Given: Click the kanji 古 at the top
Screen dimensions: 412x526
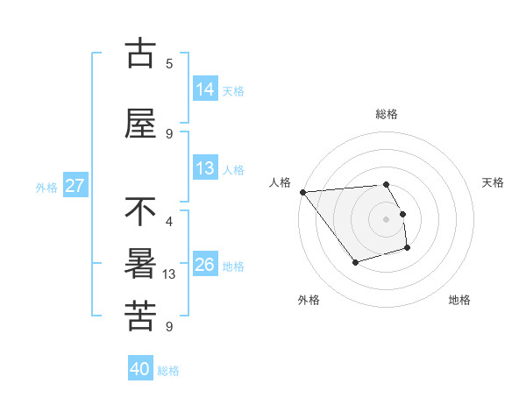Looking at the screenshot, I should (141, 53).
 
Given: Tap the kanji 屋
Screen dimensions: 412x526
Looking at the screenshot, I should (141, 124).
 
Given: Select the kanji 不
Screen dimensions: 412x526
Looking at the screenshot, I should (141, 211).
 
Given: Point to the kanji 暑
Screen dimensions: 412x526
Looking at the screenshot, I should (141, 264).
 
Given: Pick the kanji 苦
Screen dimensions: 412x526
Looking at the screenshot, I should (141, 316).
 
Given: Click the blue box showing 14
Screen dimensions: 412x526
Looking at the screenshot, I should (205, 89).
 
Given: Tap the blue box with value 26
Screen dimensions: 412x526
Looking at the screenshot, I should (205, 265).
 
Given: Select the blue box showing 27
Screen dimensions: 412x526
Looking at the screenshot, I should (75, 186).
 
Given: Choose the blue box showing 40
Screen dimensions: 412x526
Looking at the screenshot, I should (140, 370).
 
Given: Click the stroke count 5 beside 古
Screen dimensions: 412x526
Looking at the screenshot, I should (169, 63).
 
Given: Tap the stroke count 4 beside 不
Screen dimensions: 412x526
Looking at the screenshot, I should (169, 221).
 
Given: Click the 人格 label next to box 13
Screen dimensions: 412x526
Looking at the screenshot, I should (233, 170).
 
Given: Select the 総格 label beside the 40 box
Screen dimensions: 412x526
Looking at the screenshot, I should (168, 371).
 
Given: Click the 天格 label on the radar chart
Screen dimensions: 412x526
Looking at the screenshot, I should (494, 182).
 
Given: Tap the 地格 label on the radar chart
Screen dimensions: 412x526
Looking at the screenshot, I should (459, 300).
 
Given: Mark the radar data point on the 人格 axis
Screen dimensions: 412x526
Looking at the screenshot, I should (302, 192).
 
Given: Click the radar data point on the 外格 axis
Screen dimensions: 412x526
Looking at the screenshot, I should (355, 262).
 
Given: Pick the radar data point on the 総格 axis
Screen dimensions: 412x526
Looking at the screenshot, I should (386, 184).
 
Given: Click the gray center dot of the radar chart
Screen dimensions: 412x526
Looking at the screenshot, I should (386, 219).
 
